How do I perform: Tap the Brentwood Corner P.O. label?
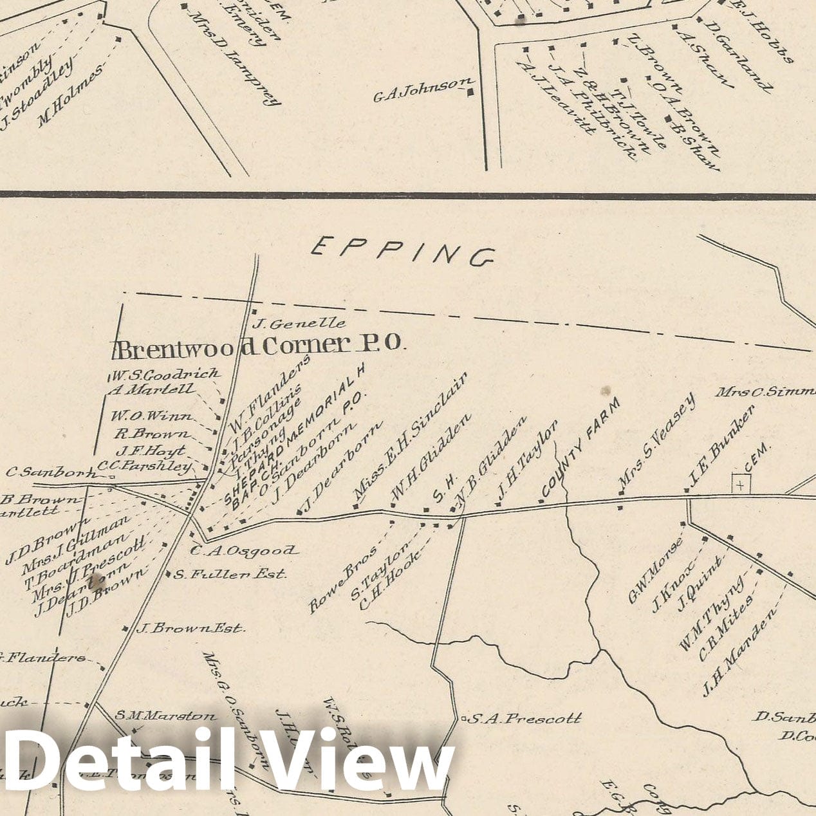pyautogui.click(x=259, y=347)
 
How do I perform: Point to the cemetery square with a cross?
pyautogui.click(x=741, y=484)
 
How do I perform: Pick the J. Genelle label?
pyautogui.click(x=299, y=323)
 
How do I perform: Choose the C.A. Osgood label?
pyautogui.click(x=244, y=551)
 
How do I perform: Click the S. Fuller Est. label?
pyautogui.click(x=230, y=574)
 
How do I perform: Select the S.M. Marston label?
pyautogui.click(x=166, y=716)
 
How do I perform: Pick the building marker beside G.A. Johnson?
pyautogui.click(x=470, y=92)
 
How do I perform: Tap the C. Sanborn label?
pyautogui.click(x=51, y=472)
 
